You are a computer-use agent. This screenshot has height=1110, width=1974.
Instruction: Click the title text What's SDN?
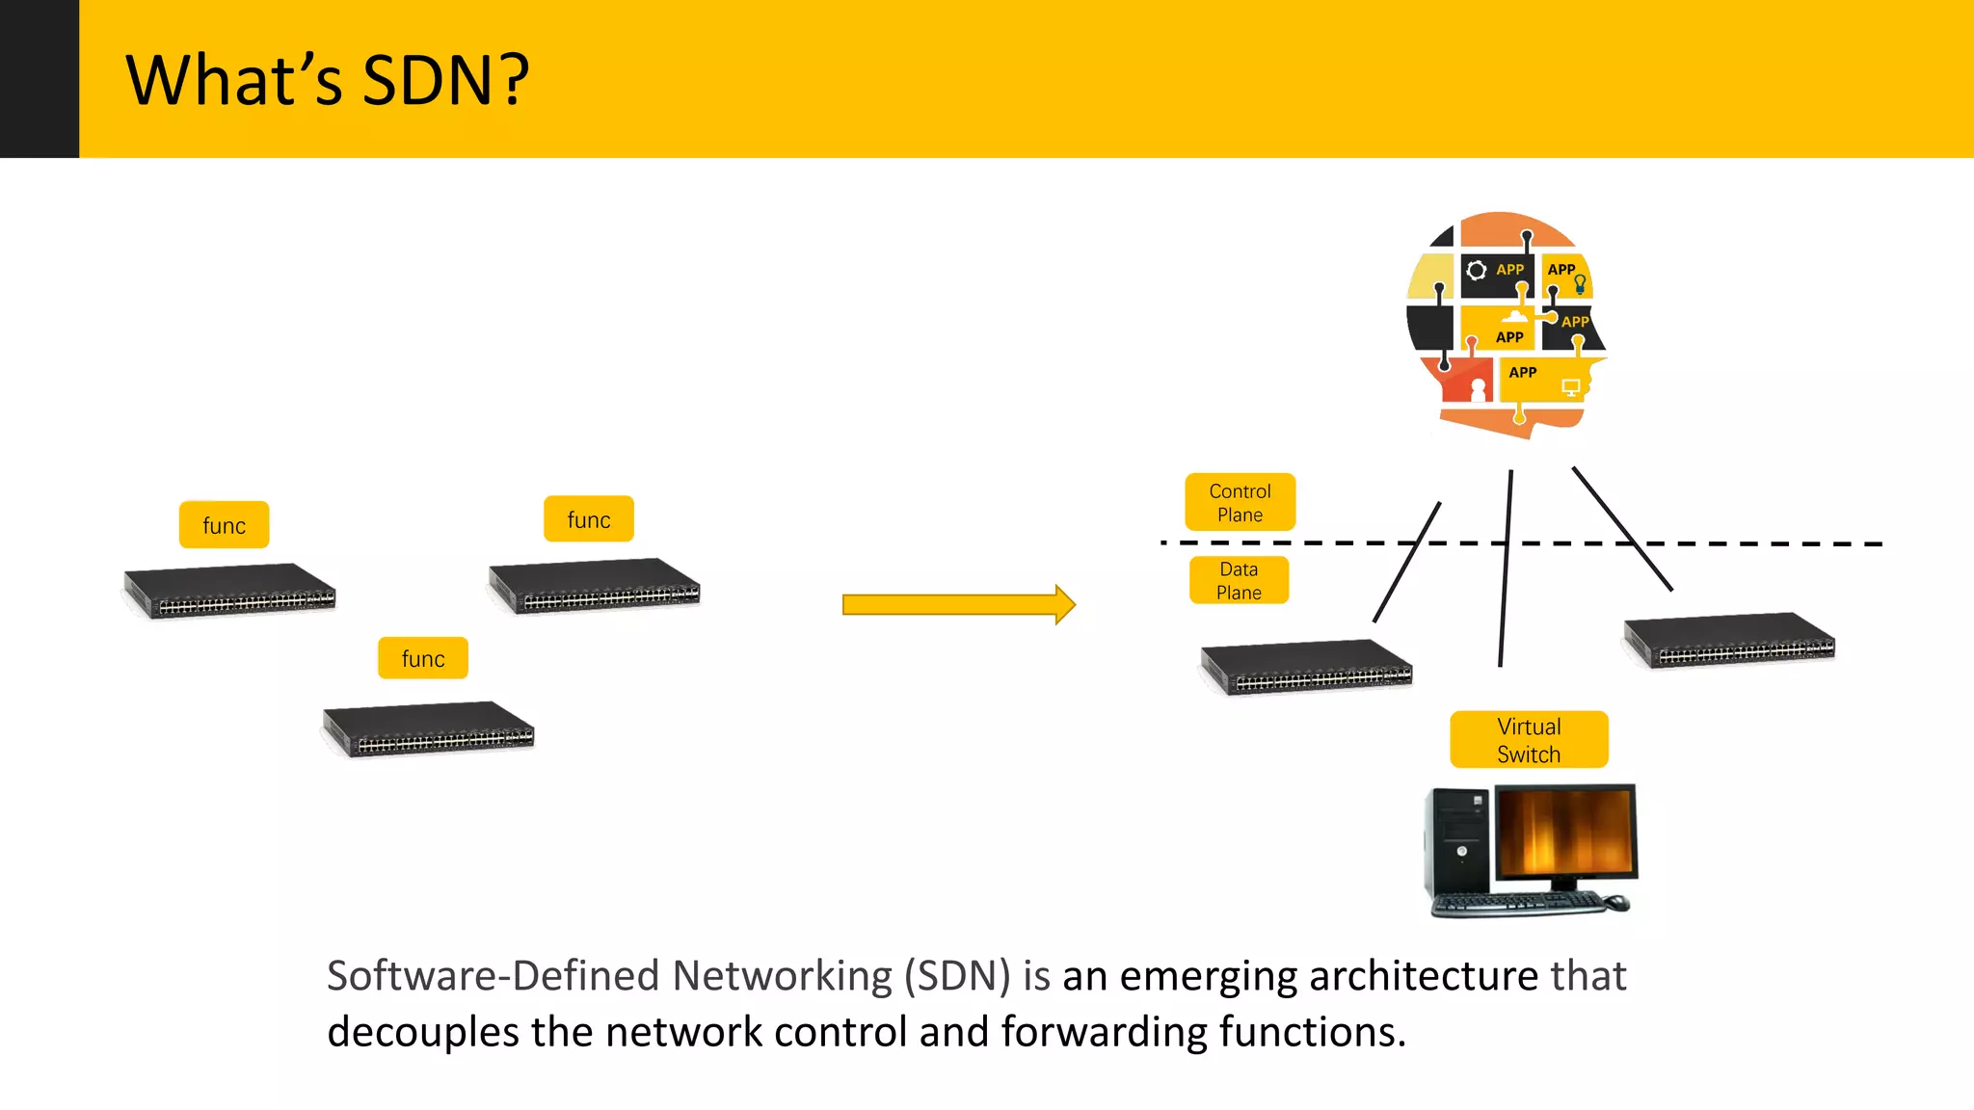pyautogui.click(x=328, y=80)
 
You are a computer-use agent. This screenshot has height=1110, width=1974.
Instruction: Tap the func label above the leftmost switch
pyautogui.click(x=224, y=525)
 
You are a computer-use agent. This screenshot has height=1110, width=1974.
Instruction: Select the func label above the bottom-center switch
pyautogui.click(x=423, y=658)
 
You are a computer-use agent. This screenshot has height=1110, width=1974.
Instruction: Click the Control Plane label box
pyautogui.click(x=1240, y=502)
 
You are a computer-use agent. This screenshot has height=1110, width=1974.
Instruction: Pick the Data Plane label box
pyautogui.click(x=1239, y=580)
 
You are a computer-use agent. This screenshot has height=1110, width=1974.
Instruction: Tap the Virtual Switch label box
pyautogui.click(x=1529, y=739)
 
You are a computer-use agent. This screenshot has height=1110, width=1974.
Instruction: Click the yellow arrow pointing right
pyautogui.click(x=958, y=604)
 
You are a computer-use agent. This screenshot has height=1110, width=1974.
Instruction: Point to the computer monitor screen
pyautogui.click(x=1565, y=831)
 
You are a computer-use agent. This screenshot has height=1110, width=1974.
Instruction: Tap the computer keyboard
pyautogui.click(x=1518, y=904)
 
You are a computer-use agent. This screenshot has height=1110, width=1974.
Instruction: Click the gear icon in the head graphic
pyautogui.click(x=1476, y=270)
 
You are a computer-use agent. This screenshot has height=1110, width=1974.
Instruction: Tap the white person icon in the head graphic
pyautogui.click(x=1479, y=389)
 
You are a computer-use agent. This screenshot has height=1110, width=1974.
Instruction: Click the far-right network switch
pyautogui.click(x=1730, y=640)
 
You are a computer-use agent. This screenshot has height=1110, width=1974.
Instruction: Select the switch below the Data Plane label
pyautogui.click(x=1307, y=667)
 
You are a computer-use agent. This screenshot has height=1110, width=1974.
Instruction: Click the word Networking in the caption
pyautogui.click(x=782, y=975)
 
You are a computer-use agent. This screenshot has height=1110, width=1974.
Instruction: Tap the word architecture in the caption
pyautogui.click(x=1327, y=975)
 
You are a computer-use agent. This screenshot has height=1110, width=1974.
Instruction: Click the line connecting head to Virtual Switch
pyautogui.click(x=1506, y=568)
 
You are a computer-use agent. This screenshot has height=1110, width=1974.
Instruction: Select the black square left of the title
pyautogui.click(x=39, y=78)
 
